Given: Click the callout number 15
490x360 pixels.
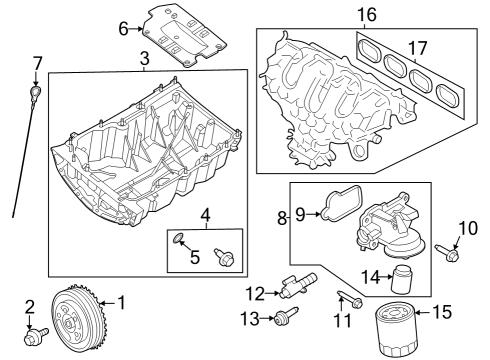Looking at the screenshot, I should click(x=443, y=313).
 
